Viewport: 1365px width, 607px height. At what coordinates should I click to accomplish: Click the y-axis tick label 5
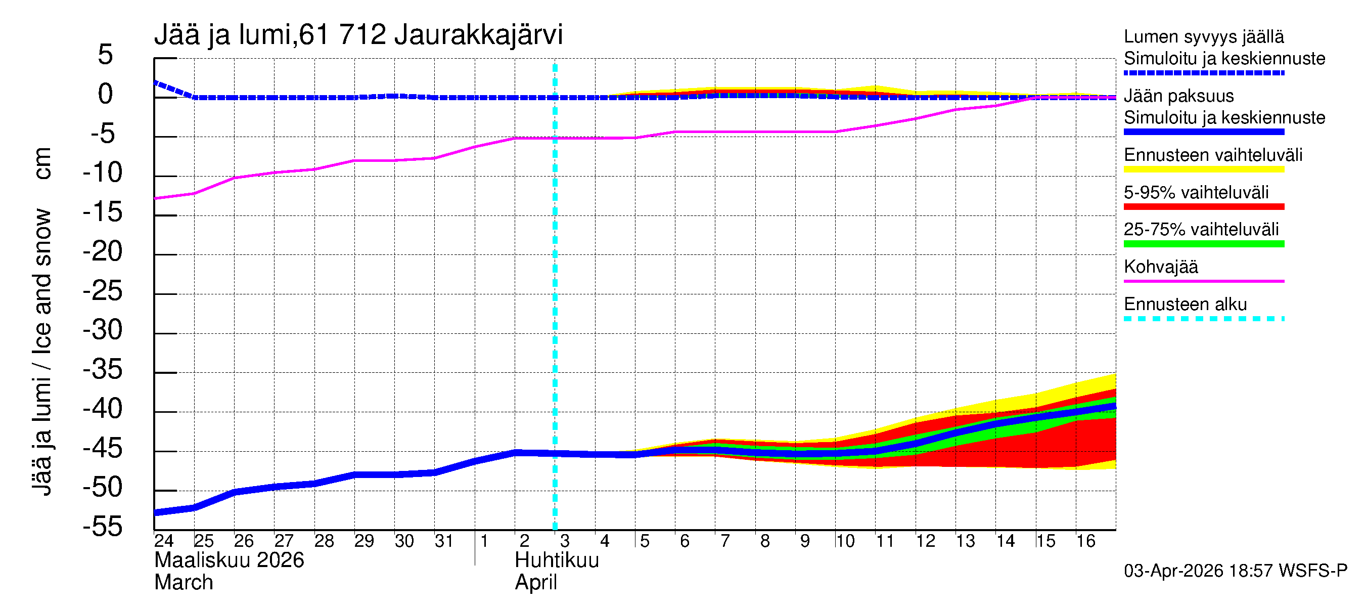pos(106,55)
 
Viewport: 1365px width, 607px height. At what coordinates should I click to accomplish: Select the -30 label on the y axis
pos(103,330)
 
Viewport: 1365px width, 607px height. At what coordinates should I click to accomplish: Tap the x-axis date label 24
pos(164,541)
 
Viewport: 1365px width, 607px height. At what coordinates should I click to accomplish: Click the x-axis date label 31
pos(443,541)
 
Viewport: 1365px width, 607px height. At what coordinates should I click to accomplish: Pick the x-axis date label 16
pos(1085,541)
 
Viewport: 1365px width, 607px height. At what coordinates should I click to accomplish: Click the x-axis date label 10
pos(845,541)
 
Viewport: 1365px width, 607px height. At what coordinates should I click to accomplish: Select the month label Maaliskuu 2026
pos(229,560)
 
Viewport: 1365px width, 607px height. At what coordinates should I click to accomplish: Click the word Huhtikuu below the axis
pos(557,560)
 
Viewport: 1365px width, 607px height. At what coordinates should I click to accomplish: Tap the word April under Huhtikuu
pos(536,583)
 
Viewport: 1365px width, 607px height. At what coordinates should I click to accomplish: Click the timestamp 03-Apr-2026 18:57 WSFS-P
pos(1235,571)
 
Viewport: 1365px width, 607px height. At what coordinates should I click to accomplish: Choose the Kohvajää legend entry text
pos(1160,267)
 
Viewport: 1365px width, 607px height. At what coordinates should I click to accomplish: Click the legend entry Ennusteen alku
pos(1185,305)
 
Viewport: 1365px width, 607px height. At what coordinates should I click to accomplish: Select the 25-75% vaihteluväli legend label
pos(1201,229)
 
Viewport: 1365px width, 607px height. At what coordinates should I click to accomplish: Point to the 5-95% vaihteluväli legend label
pos(1196,192)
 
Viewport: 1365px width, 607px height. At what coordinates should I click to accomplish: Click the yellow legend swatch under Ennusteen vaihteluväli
pos(1203,169)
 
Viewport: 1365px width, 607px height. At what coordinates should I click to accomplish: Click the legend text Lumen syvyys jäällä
pos(1203,36)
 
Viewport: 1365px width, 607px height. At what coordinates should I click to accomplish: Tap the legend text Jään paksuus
pos(1178,96)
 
